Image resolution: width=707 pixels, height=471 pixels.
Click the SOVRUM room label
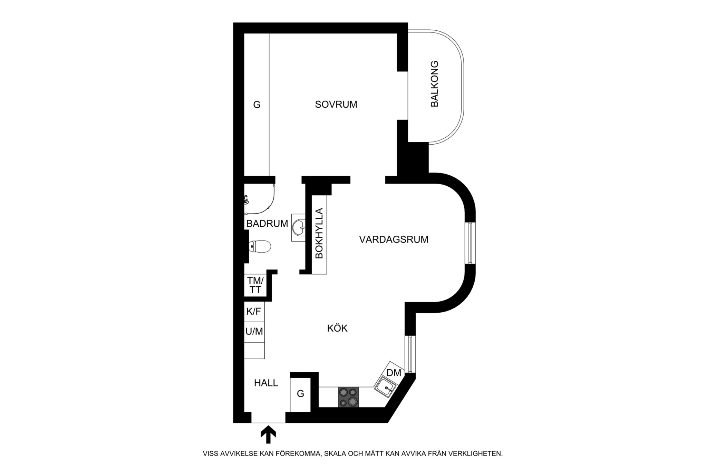(336, 105)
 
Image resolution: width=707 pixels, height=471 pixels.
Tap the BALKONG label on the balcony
(434, 84)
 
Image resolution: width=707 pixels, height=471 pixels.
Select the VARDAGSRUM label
(394, 239)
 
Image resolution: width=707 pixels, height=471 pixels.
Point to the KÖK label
(337, 328)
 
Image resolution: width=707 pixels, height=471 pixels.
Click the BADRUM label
(267, 224)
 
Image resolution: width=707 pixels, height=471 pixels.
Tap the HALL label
(266, 383)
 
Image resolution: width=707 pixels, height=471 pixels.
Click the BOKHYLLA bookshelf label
(319, 233)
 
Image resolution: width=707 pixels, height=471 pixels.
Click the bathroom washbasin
(298, 227)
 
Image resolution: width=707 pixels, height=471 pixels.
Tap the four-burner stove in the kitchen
(348, 397)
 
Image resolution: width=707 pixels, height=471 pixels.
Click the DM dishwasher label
(394, 373)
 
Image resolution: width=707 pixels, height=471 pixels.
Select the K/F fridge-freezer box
(254, 312)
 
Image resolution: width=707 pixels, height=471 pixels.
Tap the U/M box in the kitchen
(254, 332)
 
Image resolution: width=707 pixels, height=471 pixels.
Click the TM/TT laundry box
(255, 285)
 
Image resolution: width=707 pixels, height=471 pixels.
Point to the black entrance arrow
(268, 435)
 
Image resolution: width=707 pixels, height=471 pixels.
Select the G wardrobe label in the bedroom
(256, 105)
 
